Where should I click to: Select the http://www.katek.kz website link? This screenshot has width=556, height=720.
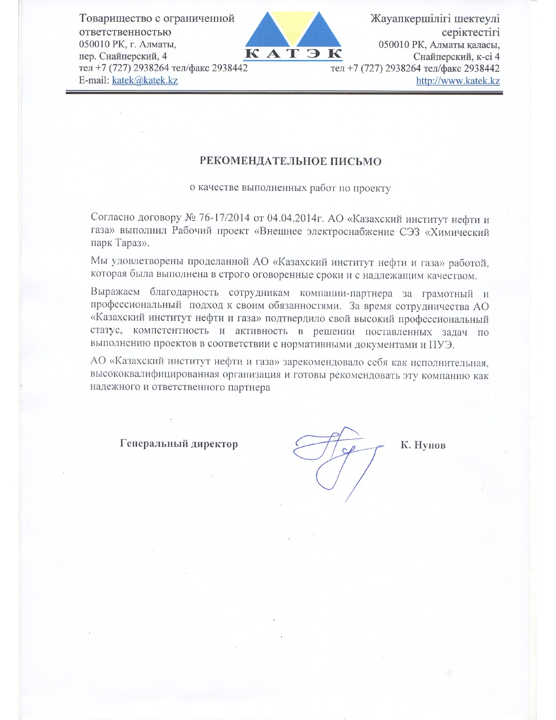458,81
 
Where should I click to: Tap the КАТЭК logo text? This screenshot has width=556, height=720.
293,54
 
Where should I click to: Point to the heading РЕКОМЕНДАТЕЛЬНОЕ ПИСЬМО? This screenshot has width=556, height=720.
291,161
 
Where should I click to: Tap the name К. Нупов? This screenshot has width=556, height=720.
423,445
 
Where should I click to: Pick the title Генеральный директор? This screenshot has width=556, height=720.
179,444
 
